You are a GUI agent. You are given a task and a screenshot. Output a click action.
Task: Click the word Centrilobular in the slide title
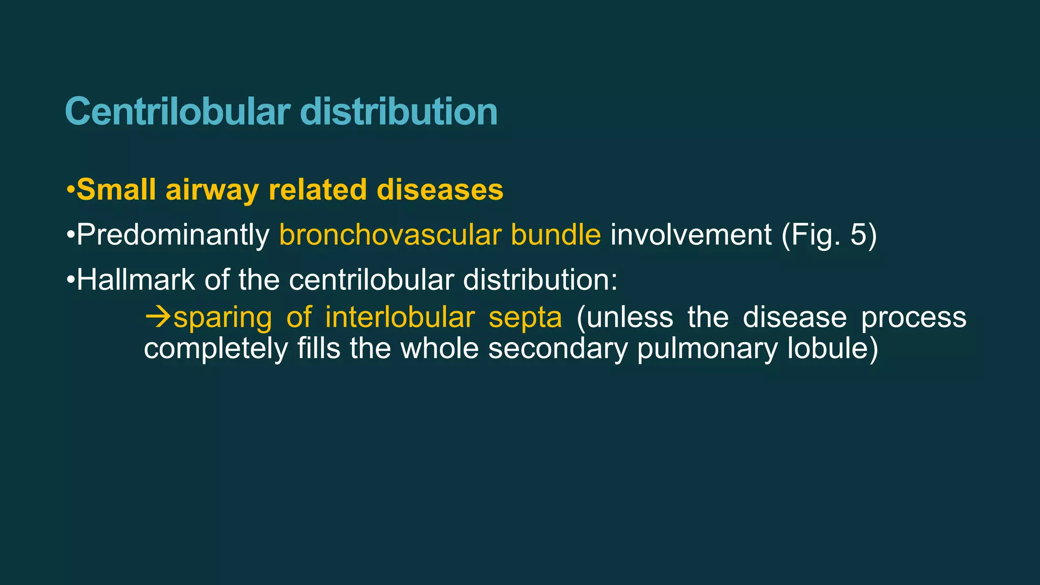pyautogui.click(x=178, y=112)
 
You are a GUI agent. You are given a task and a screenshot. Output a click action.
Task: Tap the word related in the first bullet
pyautogui.click(x=317, y=190)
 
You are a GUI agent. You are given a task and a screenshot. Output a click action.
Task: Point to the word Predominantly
pyautogui.click(x=173, y=235)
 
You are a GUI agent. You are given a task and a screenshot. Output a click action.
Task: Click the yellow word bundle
pyautogui.click(x=556, y=235)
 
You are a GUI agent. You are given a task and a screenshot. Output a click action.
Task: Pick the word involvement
pyautogui.click(x=691, y=235)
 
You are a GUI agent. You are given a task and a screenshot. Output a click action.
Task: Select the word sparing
pyautogui.click(x=222, y=318)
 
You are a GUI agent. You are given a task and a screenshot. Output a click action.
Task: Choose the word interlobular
pyautogui.click(x=400, y=317)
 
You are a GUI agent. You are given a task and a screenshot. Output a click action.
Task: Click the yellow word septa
pyautogui.click(x=525, y=318)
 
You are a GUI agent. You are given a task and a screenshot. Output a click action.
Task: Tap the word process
pyautogui.click(x=914, y=318)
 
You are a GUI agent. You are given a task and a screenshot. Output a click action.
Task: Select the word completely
pyautogui.click(x=216, y=349)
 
